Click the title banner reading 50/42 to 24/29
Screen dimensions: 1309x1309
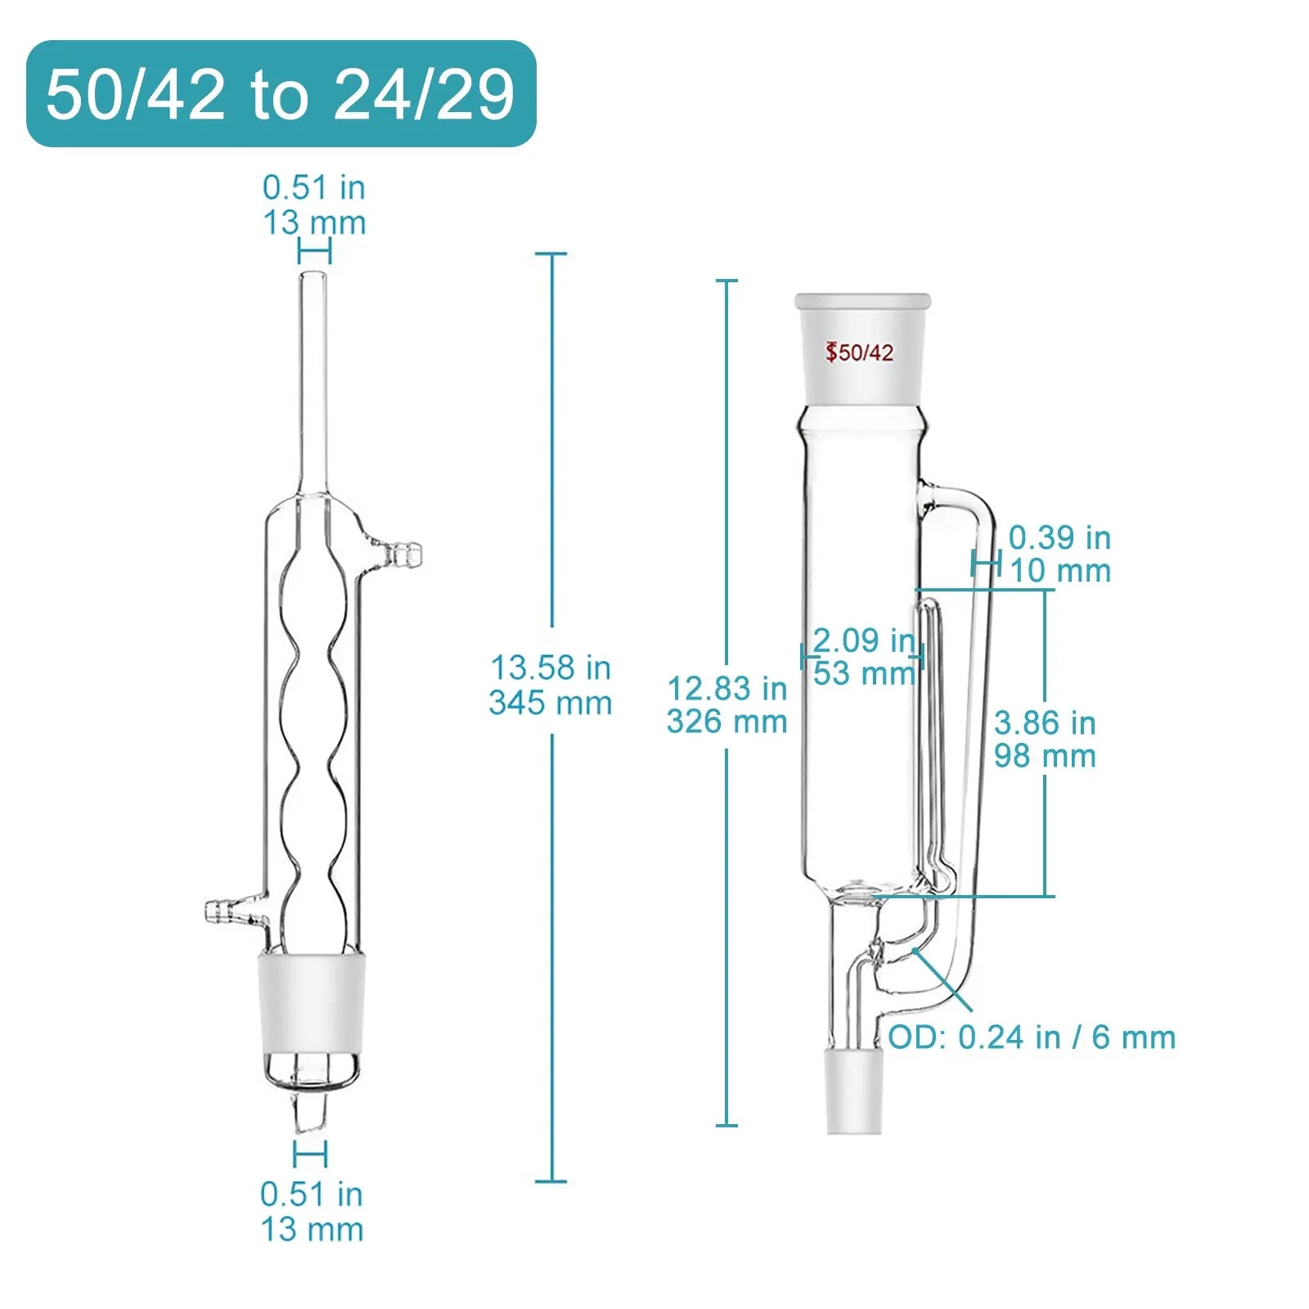tap(281, 94)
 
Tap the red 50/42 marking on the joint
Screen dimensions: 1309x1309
tap(859, 353)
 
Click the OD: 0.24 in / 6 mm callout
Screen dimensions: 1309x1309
tap(1032, 1037)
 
